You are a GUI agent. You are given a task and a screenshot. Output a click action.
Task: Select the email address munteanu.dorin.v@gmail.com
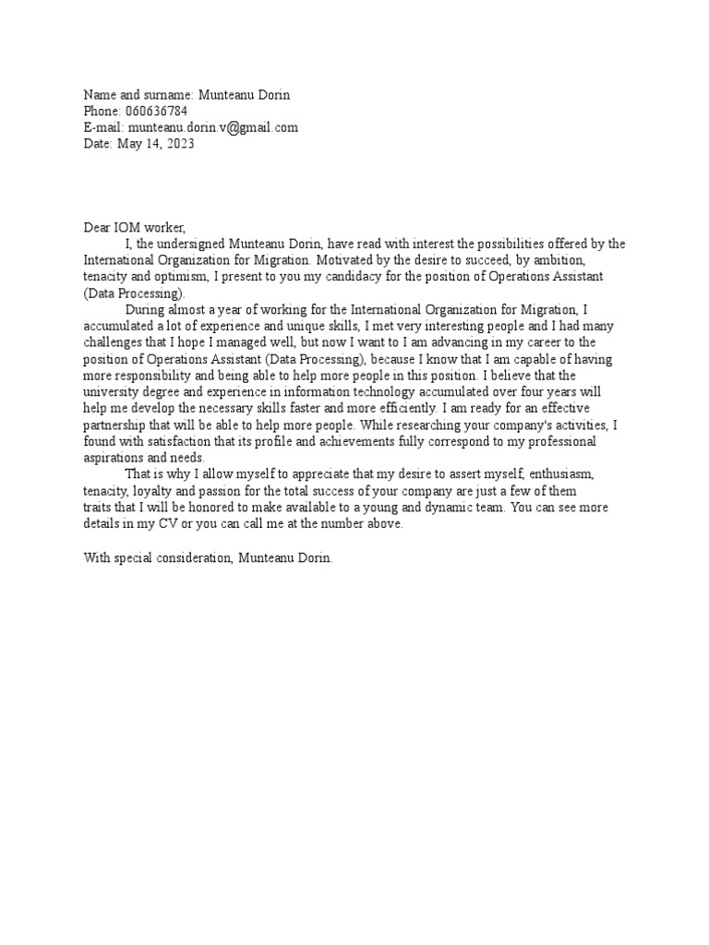213,127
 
